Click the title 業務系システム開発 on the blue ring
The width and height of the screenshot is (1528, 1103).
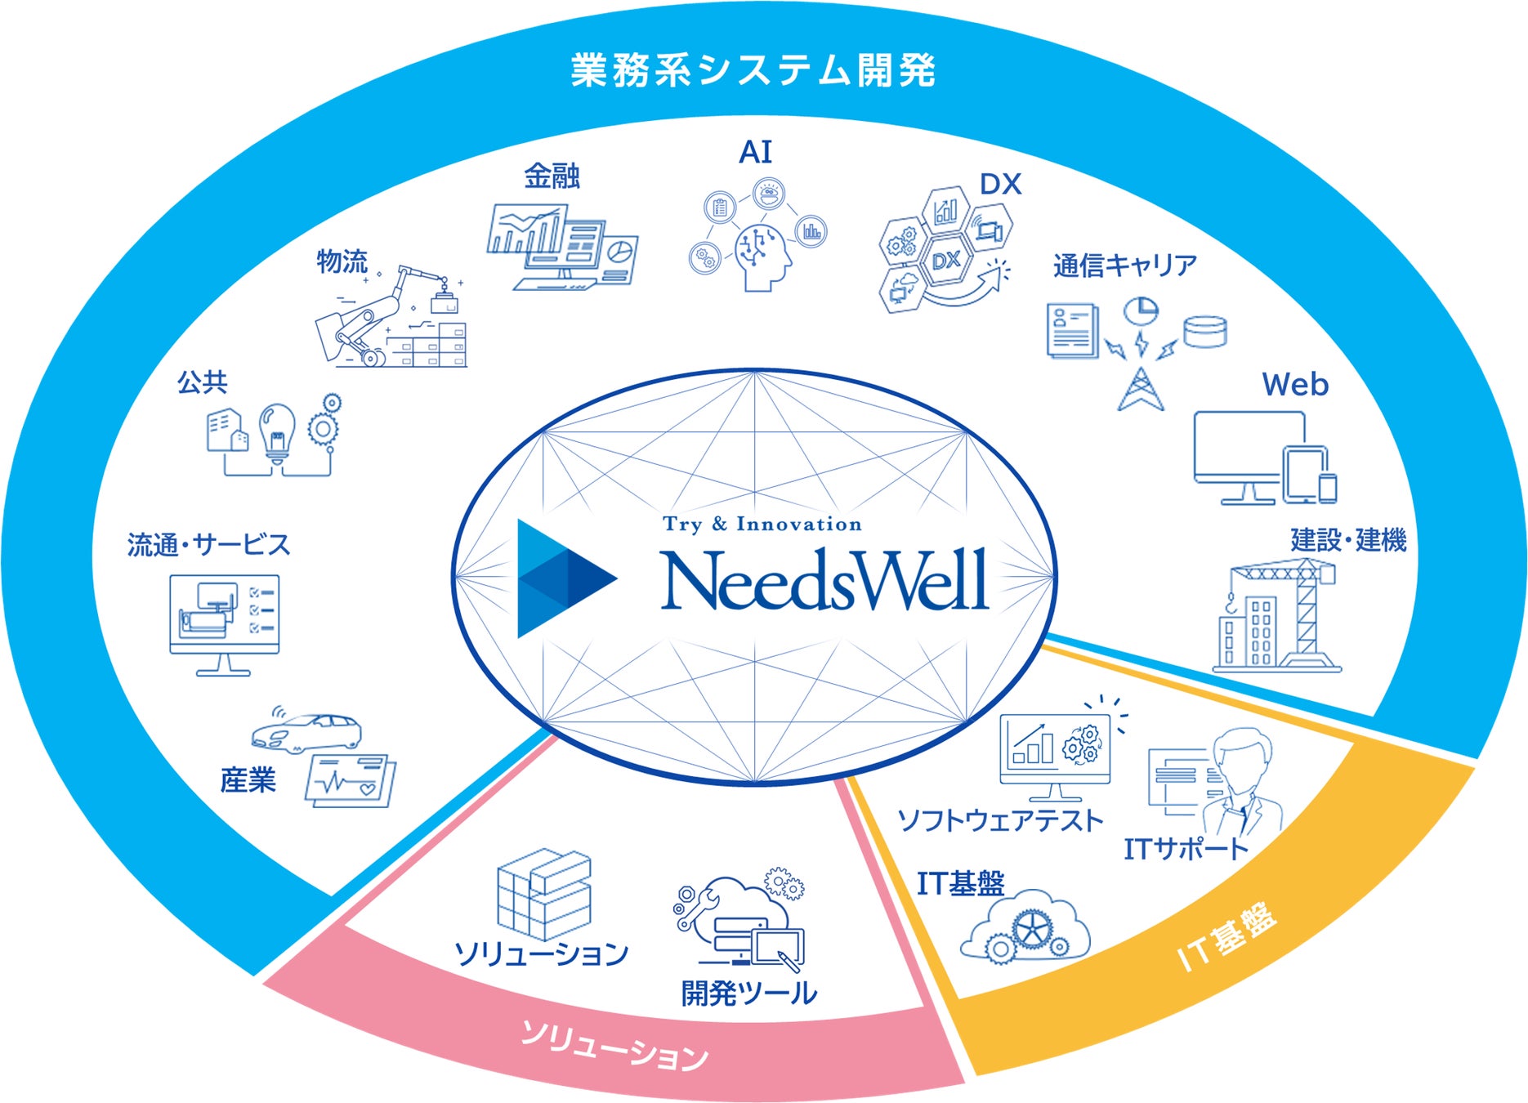pyautogui.click(x=753, y=70)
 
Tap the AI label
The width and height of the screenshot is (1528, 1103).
pyautogui.click(x=755, y=152)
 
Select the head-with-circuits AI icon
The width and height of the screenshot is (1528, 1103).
pyautogui.click(x=763, y=256)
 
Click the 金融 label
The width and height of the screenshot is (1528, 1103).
pyautogui.click(x=552, y=176)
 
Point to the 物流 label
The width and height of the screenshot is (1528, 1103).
pyautogui.click(x=342, y=261)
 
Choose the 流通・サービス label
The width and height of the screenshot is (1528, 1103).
pyautogui.click(x=208, y=544)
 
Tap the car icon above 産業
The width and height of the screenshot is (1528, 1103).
pyautogui.click(x=308, y=731)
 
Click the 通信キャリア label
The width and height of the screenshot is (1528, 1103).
pyautogui.click(x=1124, y=266)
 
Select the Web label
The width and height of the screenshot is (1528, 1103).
pyautogui.click(x=1295, y=385)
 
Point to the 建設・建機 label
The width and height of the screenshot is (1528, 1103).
pyautogui.click(x=1348, y=539)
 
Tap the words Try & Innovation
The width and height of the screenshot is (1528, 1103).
pyautogui.click(x=762, y=524)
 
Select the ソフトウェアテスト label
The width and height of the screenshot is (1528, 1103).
pyautogui.click(x=1000, y=819)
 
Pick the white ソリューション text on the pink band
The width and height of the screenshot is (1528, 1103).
pyautogui.click(x=614, y=1047)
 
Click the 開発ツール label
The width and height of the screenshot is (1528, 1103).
pyautogui.click(x=748, y=993)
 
